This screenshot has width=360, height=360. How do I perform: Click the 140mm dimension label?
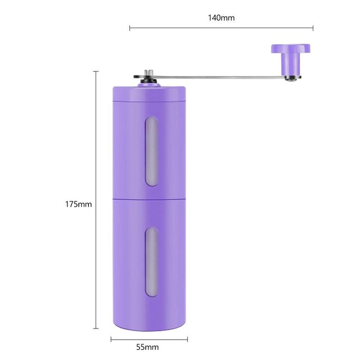click(x=221, y=17)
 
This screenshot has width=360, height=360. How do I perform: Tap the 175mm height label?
click(x=79, y=204)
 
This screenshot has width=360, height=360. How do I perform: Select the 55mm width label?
click(x=147, y=347)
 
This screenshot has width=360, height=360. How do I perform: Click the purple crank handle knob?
click(x=291, y=59)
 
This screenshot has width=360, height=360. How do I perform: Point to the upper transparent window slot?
click(x=151, y=151)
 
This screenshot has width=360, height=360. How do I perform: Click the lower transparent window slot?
click(x=151, y=262)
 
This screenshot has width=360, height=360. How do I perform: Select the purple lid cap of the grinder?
click(x=149, y=93)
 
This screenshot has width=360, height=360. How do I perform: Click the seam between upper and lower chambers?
click(x=149, y=199)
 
